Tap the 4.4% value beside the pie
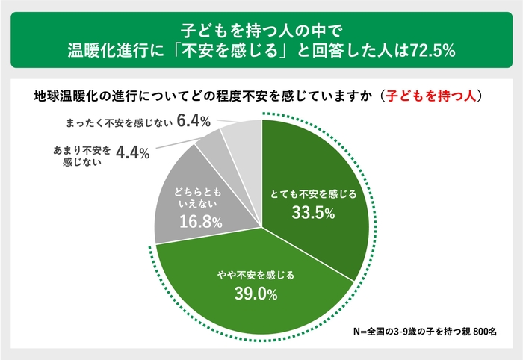134,152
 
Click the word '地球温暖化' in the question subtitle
64,96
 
